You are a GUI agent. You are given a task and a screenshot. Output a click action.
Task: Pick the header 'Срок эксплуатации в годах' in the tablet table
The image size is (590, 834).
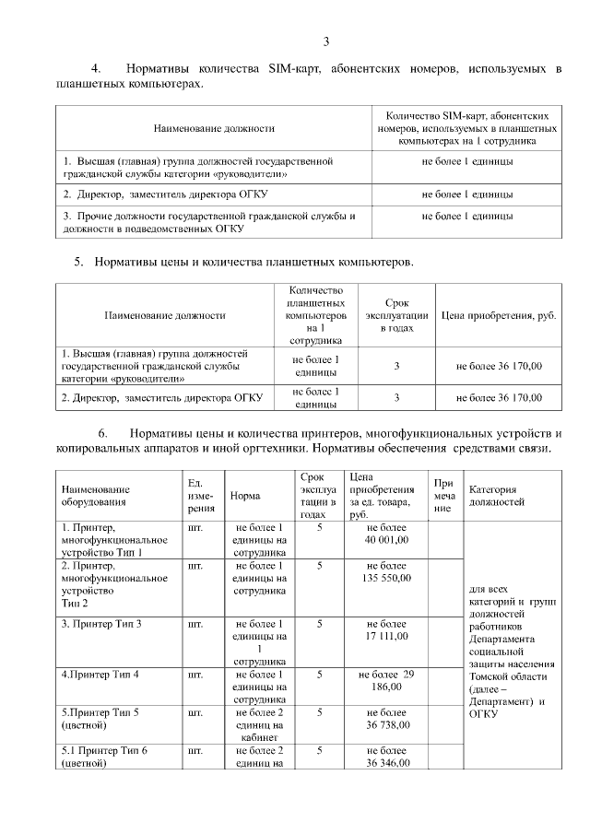[396, 315]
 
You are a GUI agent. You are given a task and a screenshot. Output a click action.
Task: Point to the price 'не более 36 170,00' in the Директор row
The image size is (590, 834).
[499, 398]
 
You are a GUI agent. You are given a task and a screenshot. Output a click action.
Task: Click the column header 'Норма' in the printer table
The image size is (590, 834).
[244, 495]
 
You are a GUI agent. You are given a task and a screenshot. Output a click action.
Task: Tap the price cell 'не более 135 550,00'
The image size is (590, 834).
[386, 571]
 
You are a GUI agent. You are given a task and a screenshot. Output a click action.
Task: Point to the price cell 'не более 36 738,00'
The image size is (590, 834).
[386, 719]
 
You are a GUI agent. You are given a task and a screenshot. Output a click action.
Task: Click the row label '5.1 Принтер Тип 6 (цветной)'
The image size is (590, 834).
[104, 757]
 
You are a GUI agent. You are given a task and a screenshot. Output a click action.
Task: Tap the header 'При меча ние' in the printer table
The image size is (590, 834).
[444, 495]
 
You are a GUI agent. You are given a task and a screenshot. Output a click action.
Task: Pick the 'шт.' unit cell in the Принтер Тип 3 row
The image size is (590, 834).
[195, 624]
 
